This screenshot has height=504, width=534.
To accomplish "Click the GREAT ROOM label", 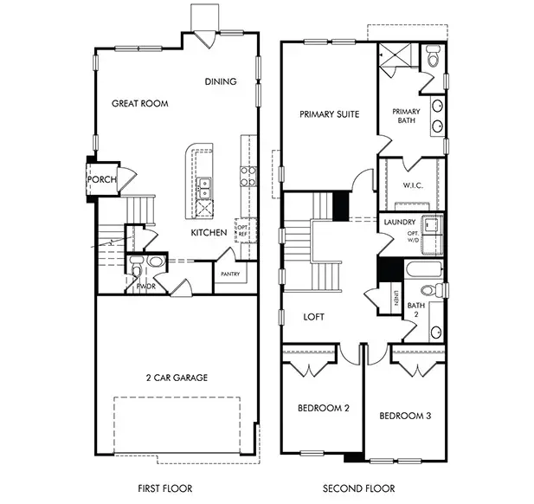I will click(139, 103).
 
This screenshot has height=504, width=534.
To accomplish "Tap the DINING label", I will click(221, 82).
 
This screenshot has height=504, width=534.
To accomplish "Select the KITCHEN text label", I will click(209, 232).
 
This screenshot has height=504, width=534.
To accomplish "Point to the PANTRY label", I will click(229, 274).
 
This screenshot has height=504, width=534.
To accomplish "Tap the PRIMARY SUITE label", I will click(329, 114).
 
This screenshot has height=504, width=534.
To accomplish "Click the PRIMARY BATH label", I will click(406, 116).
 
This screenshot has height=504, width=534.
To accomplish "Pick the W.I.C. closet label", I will click(412, 185).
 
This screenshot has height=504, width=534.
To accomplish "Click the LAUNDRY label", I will click(399, 223).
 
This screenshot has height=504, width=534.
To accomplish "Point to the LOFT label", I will click(313, 317).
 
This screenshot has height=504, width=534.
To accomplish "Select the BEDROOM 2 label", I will click(323, 408).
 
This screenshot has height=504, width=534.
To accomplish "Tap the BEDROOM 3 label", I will click(405, 417).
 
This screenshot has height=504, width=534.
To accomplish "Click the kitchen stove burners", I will click(248, 177).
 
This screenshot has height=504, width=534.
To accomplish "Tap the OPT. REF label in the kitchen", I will click(243, 231).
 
